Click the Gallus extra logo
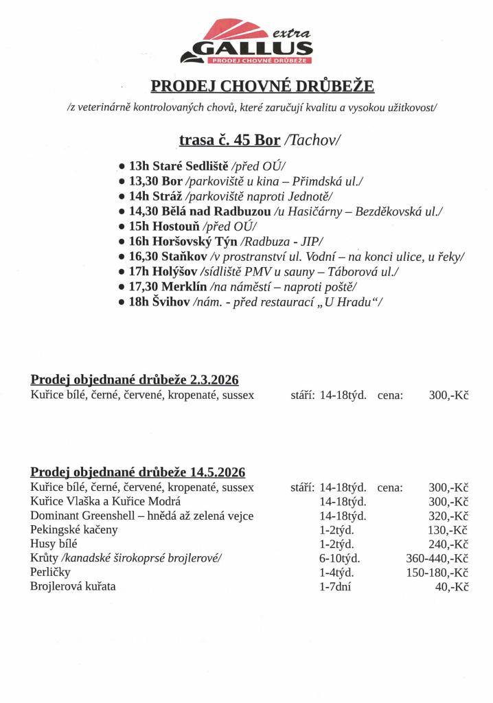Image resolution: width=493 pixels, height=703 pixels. (x=246, y=43)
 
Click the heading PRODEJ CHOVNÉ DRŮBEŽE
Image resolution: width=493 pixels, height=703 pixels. (x=262, y=86)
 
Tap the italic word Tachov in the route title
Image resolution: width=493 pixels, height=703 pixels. (x=312, y=140)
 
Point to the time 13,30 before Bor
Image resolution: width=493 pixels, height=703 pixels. (x=144, y=181)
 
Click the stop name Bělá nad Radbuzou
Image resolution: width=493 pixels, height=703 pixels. (x=217, y=211)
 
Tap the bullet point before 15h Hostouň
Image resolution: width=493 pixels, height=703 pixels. (x=122, y=227)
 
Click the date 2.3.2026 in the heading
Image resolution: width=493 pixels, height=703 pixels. (x=214, y=380)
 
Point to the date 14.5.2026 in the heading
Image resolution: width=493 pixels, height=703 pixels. (x=218, y=472)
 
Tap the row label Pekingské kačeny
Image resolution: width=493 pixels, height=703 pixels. (x=74, y=529)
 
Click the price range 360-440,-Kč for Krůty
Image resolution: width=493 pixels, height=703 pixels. (x=437, y=558)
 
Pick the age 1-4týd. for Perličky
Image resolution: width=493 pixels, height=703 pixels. (x=336, y=572)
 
